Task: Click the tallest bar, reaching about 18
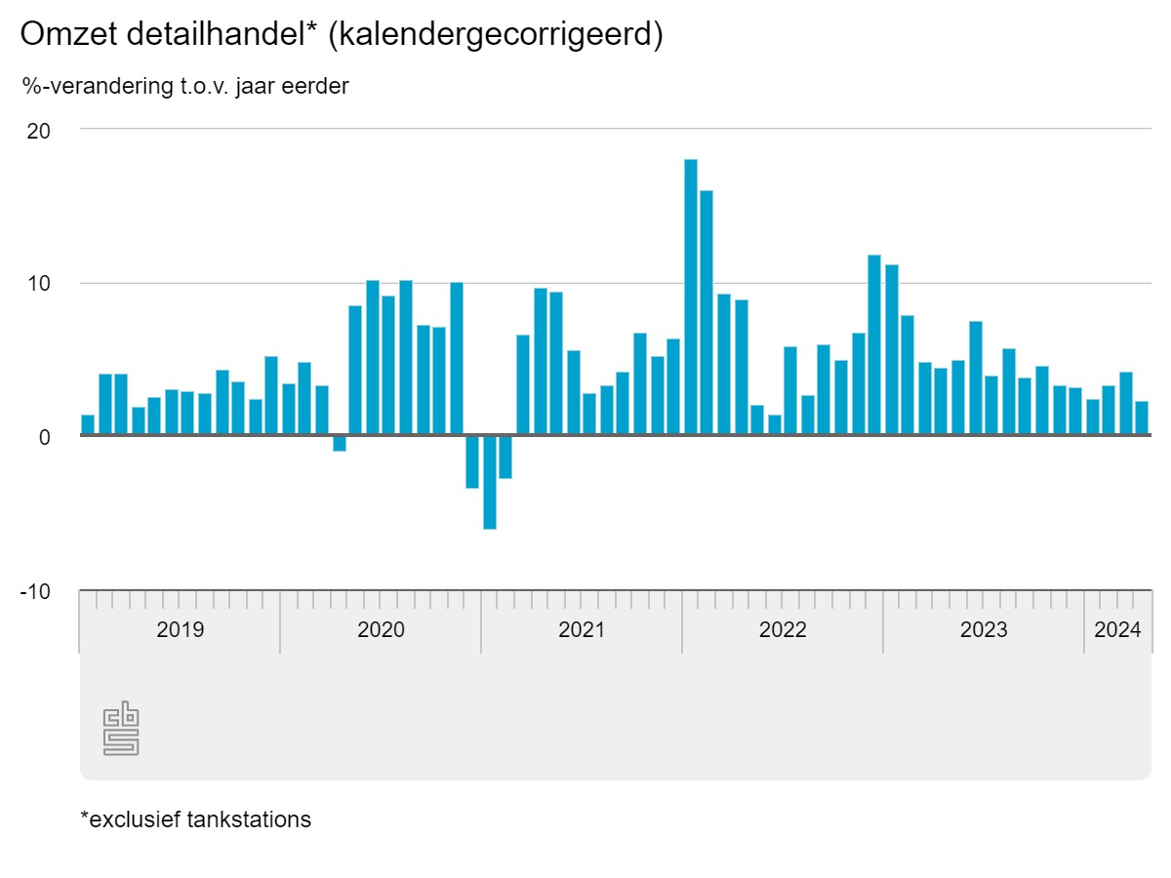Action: pos(691,298)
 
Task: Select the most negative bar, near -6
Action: pos(490,482)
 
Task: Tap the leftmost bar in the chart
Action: pos(88,425)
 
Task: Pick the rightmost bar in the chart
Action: pos(1142,419)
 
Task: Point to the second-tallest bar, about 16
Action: pos(707,313)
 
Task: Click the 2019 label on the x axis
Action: pos(181,629)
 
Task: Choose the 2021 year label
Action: pos(582,629)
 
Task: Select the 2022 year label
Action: pos(783,629)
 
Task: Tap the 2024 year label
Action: pos(1118,629)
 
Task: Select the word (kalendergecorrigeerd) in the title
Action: pos(496,34)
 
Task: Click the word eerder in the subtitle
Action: pos(315,86)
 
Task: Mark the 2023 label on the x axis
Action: pos(984,629)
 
